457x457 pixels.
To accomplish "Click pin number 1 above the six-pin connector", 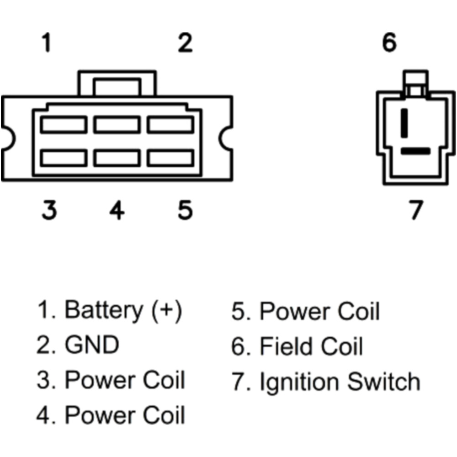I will coord(46,43).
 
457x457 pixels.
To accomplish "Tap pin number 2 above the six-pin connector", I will coord(185,43).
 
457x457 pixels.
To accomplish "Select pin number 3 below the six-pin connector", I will coord(49,210).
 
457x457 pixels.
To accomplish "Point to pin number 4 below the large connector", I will coord(117,210).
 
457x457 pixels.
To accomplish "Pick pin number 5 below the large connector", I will coord(185,210).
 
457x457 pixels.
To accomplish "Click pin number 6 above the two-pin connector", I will coord(389,43).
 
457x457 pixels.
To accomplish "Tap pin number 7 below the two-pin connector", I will coord(415,210).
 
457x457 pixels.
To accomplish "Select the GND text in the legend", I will coord(92,345).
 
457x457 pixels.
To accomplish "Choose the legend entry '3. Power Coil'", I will coord(111,380).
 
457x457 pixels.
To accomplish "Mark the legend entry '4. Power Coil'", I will coord(111,415).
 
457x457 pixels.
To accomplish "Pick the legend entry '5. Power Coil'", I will coord(306,312).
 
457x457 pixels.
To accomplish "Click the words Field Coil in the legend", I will coord(311,346).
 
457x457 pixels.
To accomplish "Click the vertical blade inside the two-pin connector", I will coord(404,123).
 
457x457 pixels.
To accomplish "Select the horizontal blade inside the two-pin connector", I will coord(415,150).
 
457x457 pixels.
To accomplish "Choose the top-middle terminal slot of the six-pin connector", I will coord(117,124).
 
